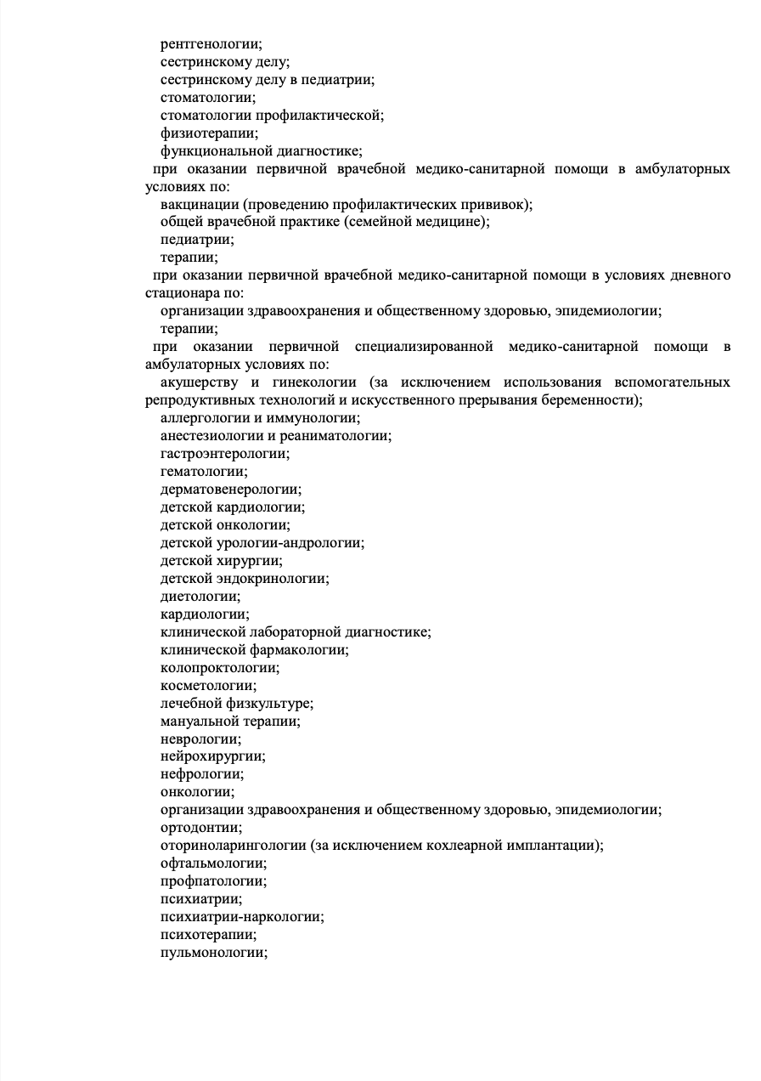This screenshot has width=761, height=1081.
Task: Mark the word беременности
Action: point(590,400)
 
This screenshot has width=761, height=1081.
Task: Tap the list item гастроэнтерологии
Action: point(224,454)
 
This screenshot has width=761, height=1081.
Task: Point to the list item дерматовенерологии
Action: point(231,490)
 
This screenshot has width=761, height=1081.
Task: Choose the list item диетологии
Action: point(200,597)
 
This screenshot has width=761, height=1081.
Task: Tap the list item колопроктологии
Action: point(220,668)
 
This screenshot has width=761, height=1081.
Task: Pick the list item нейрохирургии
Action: point(212,757)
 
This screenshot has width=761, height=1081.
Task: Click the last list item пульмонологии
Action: point(214,954)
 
